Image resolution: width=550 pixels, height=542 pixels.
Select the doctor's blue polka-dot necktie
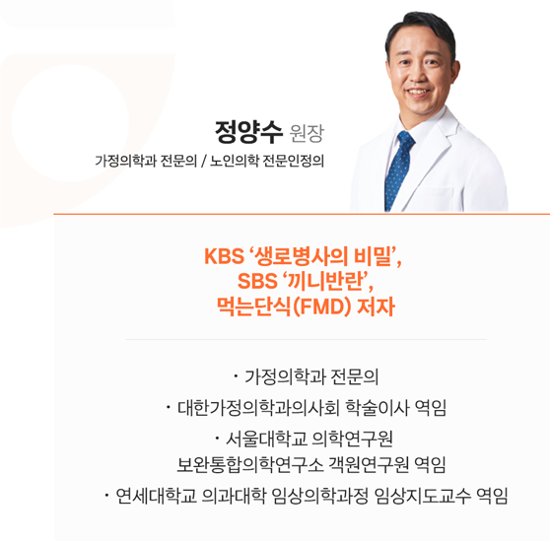401,168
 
